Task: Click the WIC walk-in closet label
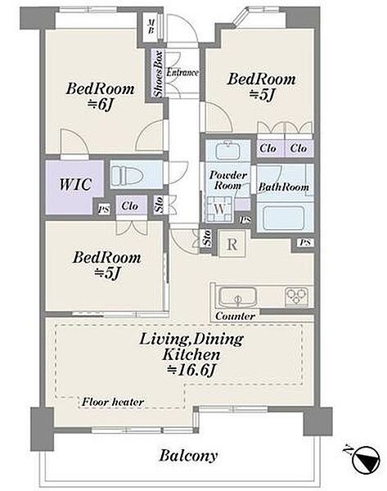(x=75, y=184)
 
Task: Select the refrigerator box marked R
(x=232, y=244)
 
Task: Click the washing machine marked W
(x=219, y=209)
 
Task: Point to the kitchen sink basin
(x=237, y=296)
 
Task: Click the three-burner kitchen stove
(x=296, y=296)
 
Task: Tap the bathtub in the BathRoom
(x=284, y=218)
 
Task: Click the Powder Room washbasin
(x=228, y=151)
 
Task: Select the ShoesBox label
(x=158, y=74)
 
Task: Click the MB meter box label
(x=151, y=26)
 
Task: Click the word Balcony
(x=188, y=456)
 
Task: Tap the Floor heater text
(x=113, y=402)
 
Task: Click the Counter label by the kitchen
(x=235, y=316)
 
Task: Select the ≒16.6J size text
(x=191, y=371)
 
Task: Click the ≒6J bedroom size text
(x=100, y=106)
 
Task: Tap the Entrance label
(x=182, y=73)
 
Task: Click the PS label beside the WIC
(x=104, y=209)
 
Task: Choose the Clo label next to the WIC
(x=129, y=206)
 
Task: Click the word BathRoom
(x=284, y=187)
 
